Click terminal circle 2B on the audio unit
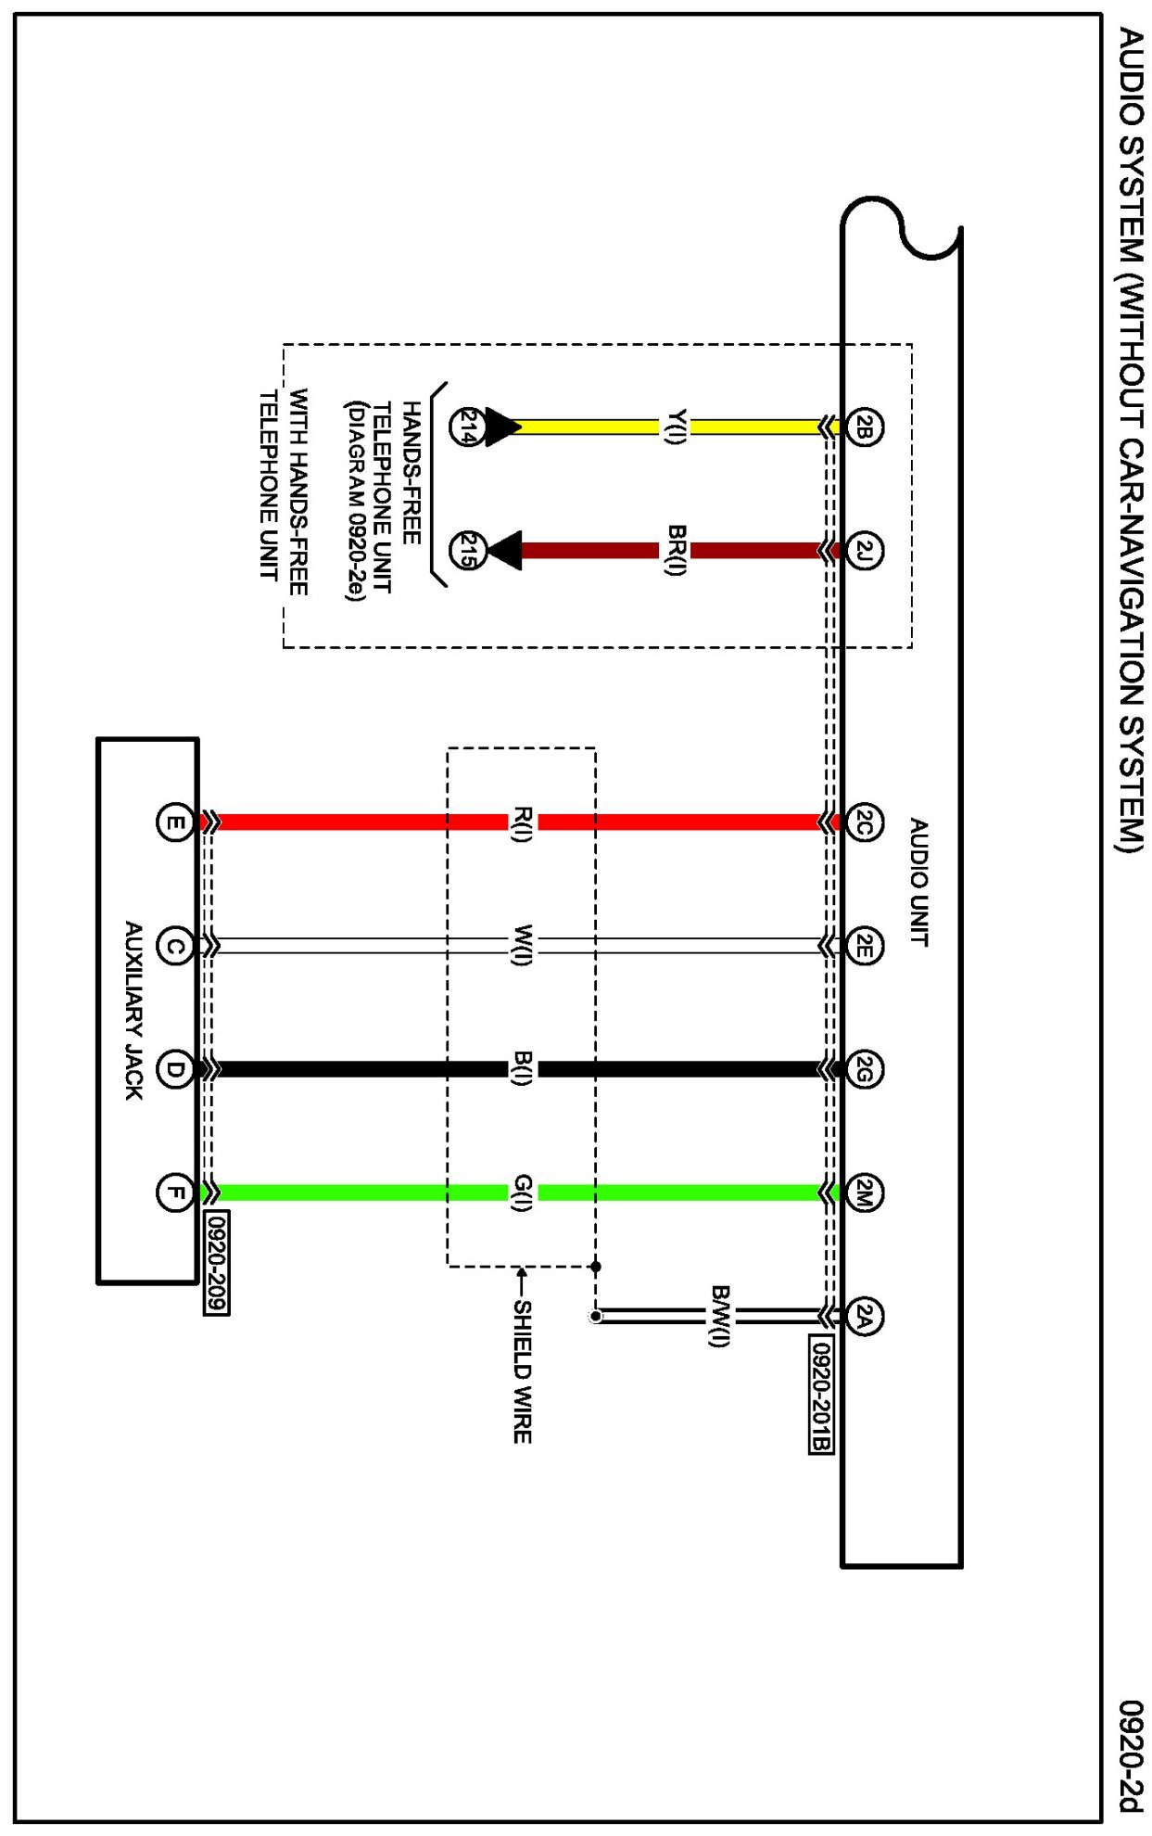[x=863, y=427]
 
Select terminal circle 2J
[x=863, y=551]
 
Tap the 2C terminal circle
[x=863, y=822]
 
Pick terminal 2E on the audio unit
[x=863, y=946]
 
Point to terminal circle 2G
[x=863, y=1069]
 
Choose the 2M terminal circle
[x=863, y=1192]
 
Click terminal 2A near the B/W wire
[x=863, y=1316]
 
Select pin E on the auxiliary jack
[x=174, y=822]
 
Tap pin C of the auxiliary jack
[x=174, y=946]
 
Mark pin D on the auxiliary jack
[x=174, y=1069]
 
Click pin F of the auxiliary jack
[x=174, y=1192]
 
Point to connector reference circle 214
[x=466, y=427]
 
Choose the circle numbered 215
[x=466, y=551]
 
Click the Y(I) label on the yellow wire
[x=676, y=427]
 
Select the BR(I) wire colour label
[x=676, y=550]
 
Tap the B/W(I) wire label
[x=720, y=1316]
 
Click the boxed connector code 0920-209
[x=216, y=1262]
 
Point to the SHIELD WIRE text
[x=523, y=1371]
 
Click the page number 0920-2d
[x=1131, y=1754]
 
